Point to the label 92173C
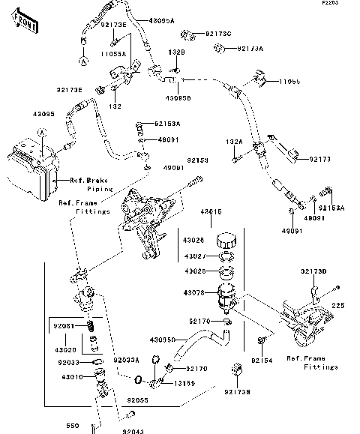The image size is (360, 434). point(217,34)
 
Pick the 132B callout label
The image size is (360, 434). point(175,52)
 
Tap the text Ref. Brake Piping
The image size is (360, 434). point(89,185)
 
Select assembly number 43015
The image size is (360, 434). point(212,212)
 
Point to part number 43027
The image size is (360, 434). point(193,256)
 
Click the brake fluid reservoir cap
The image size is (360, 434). point(226,242)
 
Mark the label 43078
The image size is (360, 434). point(193,292)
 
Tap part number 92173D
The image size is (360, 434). point(316,270)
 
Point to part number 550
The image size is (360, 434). point(71,426)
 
